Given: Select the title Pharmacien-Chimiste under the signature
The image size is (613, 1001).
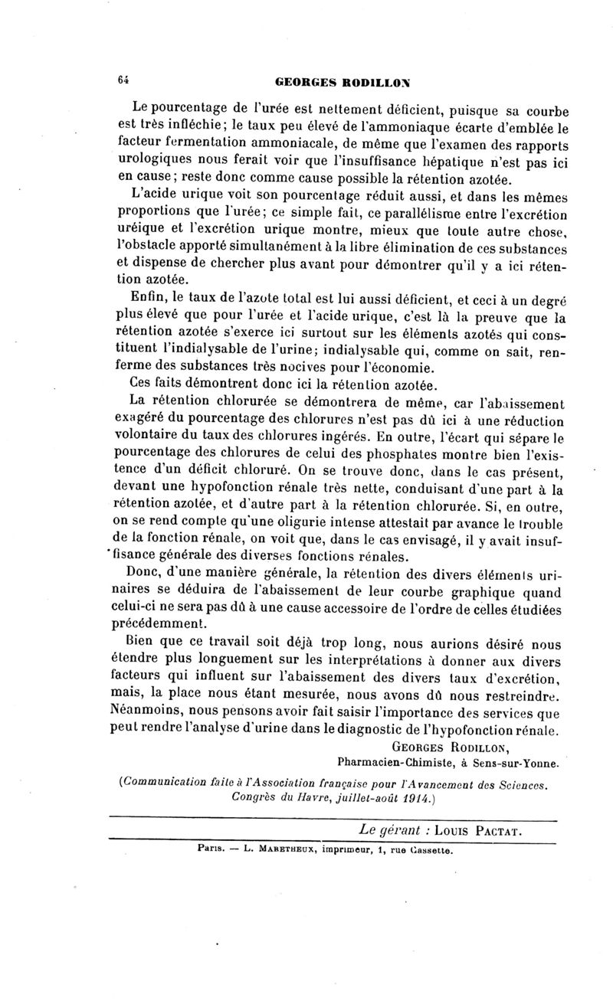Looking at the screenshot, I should [x=393, y=762].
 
